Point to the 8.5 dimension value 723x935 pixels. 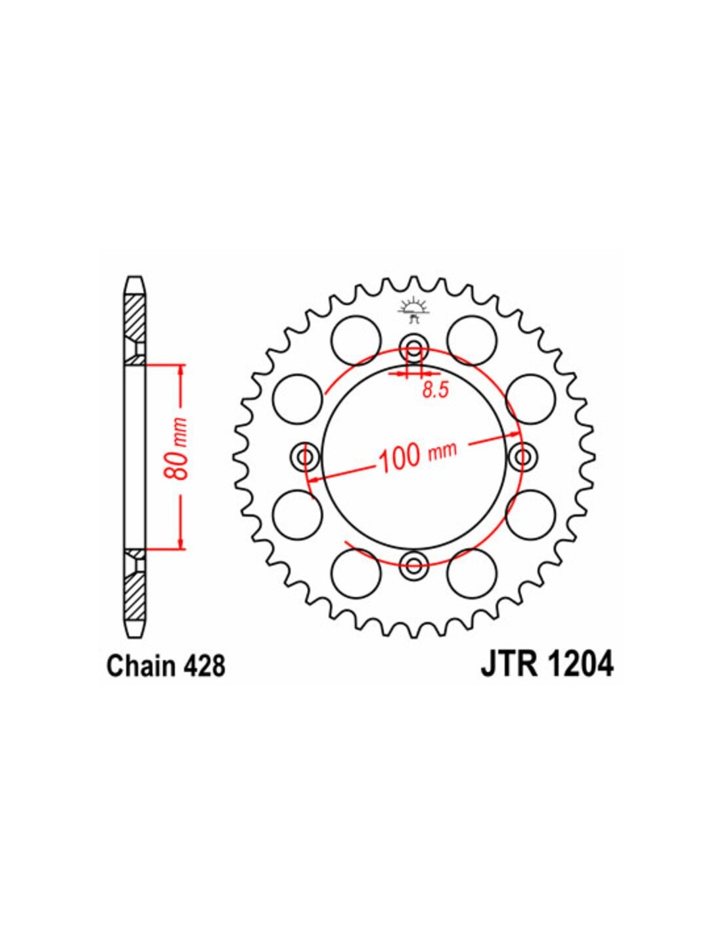click(x=435, y=391)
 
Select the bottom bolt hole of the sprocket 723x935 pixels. click(x=414, y=565)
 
